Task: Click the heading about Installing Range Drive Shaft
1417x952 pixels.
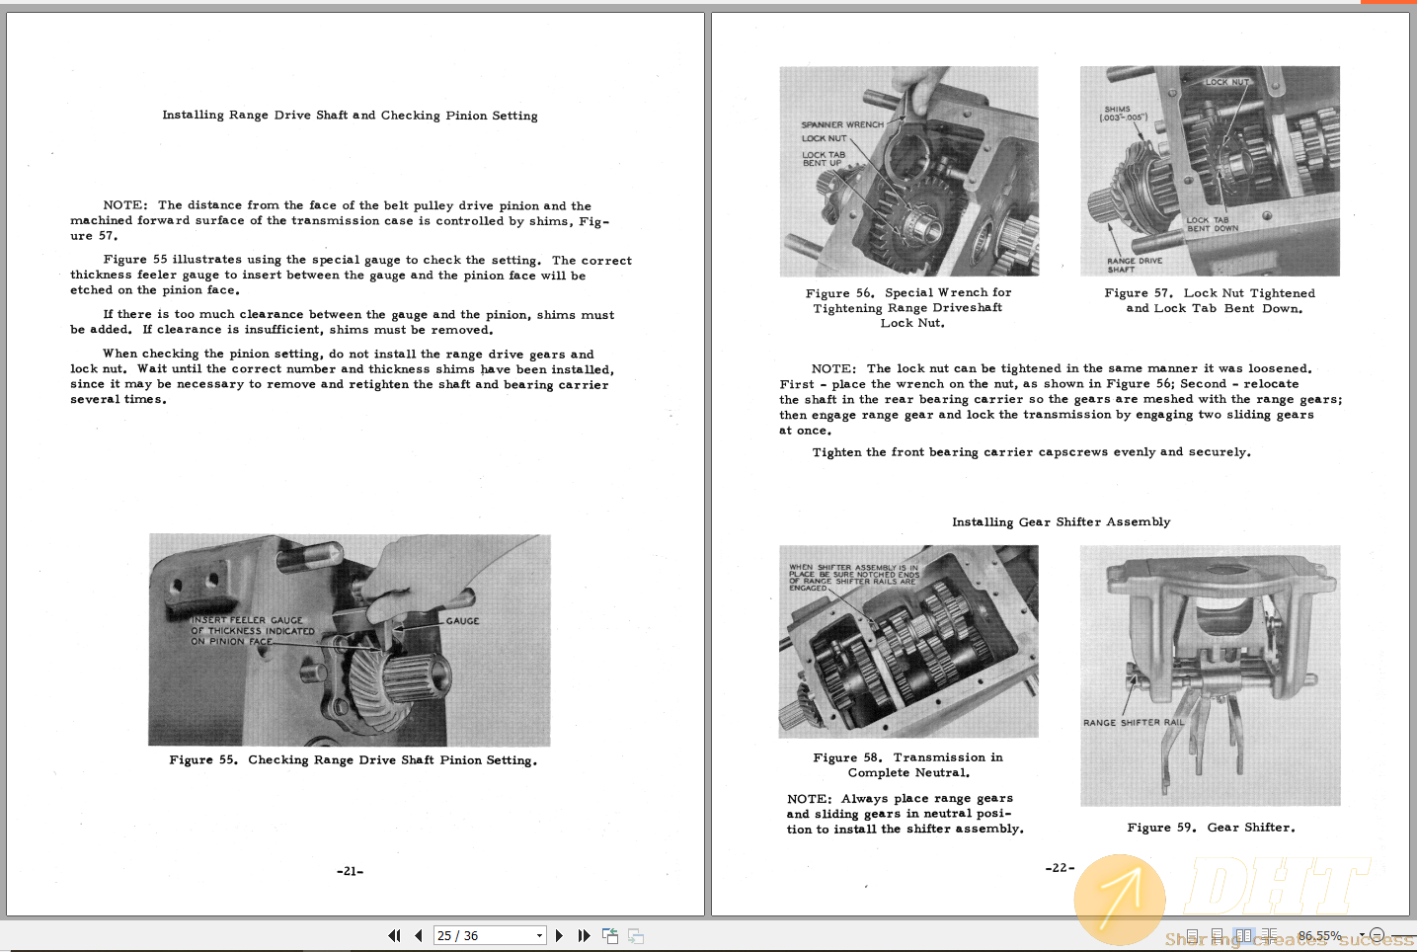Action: [x=350, y=116]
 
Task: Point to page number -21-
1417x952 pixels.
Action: [x=350, y=871]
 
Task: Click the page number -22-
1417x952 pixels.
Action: [x=1059, y=867]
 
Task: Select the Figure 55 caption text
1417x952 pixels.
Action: [x=353, y=760]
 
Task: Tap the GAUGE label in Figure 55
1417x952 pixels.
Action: [x=462, y=621]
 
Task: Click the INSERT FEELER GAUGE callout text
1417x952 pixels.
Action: [x=252, y=630]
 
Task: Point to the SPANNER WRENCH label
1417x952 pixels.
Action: [x=841, y=125]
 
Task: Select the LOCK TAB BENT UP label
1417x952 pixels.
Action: [x=823, y=159]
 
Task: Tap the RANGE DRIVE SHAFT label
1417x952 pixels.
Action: [x=1134, y=265]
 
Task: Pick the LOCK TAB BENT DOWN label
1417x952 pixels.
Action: [x=1212, y=224]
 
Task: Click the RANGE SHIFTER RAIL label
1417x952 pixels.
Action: [x=1133, y=723]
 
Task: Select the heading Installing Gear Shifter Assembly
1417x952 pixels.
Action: [x=1061, y=522]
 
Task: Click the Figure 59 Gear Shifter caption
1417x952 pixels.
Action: [x=1211, y=828]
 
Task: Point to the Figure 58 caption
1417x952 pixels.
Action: [x=907, y=765]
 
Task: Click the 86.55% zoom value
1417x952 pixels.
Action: [x=1318, y=935]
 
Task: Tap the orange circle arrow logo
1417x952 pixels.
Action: [x=1120, y=900]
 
